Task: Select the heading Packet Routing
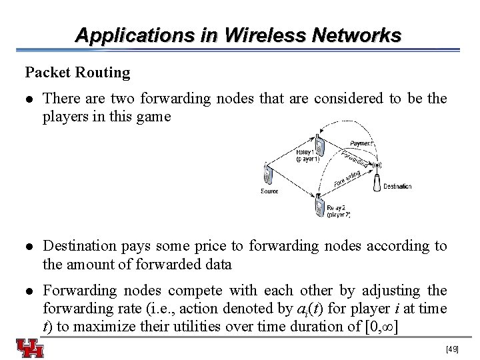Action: click(x=78, y=71)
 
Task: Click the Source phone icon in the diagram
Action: click(x=268, y=175)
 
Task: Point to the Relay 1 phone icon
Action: click(x=320, y=147)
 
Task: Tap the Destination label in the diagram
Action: click(x=397, y=187)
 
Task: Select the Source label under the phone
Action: click(x=269, y=191)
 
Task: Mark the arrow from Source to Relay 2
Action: click(x=293, y=189)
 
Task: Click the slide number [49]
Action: click(x=453, y=349)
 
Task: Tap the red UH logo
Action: click(x=31, y=347)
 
